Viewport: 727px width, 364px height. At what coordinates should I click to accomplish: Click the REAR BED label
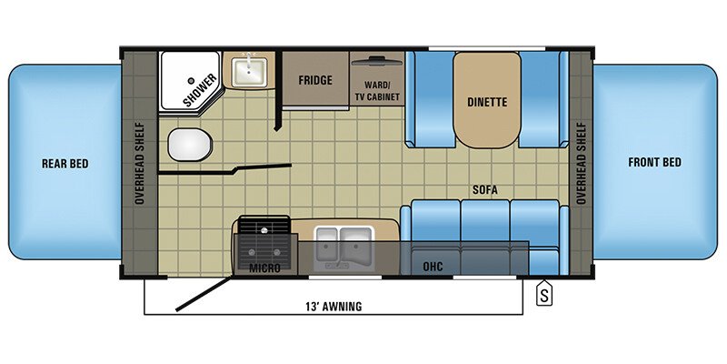[x=65, y=164]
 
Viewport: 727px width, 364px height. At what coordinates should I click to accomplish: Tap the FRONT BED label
[x=654, y=163]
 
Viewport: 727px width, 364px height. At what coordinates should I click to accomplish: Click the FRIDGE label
[x=315, y=80]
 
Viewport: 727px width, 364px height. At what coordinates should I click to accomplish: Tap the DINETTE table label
[x=486, y=103]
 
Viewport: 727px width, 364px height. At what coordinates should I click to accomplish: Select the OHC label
[x=433, y=268]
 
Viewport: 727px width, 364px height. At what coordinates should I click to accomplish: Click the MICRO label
[x=264, y=268]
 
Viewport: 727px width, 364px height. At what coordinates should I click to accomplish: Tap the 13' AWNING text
[x=335, y=306]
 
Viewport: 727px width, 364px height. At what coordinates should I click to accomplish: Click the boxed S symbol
[x=543, y=294]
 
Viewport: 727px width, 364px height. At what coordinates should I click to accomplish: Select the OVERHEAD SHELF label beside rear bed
[x=140, y=162]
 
